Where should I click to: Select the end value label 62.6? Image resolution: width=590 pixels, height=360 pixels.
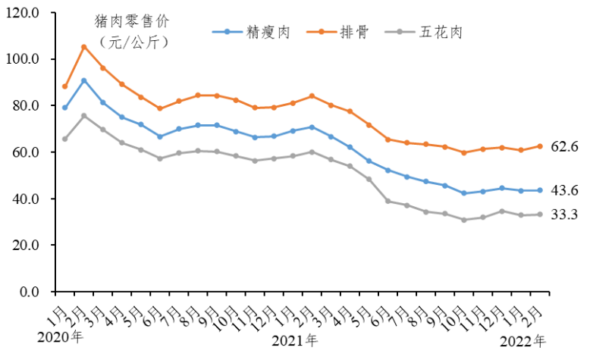point(564,146)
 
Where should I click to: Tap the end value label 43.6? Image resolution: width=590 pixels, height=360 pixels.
point(564,190)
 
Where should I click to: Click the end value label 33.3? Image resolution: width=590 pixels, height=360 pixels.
point(564,214)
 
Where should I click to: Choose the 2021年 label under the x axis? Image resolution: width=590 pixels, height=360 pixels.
point(295,340)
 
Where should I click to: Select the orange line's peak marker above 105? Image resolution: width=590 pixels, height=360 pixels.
point(83,47)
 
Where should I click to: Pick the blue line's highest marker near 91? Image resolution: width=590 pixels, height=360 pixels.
point(83,80)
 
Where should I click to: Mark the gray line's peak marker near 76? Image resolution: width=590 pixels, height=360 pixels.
point(83,116)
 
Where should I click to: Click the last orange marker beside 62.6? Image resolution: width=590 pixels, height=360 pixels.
point(539,146)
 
